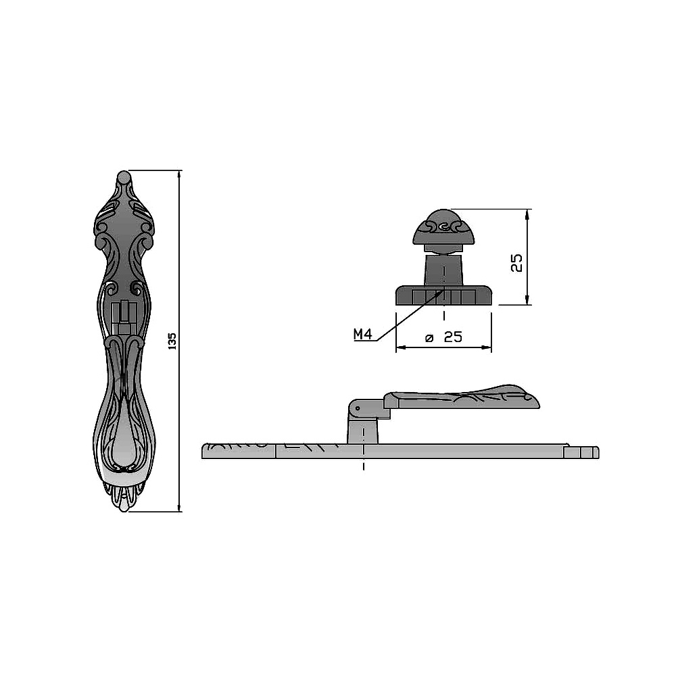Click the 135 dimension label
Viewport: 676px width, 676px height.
coord(172,341)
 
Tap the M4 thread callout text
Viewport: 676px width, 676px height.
coord(362,334)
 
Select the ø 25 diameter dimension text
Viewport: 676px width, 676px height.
coord(443,337)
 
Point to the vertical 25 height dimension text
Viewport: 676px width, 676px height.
coord(516,262)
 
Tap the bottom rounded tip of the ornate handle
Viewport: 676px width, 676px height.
coord(124,506)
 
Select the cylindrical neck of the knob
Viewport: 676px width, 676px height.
coord(443,270)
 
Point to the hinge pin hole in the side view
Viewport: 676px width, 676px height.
coord(358,408)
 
